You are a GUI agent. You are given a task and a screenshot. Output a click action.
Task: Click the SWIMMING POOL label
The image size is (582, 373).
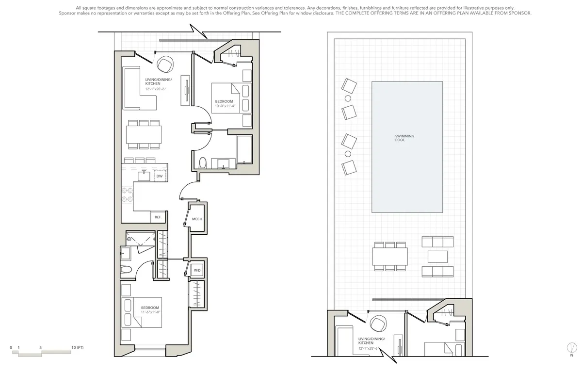coord(404,138)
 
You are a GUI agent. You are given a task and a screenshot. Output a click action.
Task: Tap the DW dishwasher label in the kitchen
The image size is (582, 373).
coord(159,177)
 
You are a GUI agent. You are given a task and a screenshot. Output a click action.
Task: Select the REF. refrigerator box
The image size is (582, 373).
coord(158,217)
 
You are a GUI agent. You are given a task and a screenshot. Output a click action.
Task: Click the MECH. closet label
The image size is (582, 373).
coord(197,219)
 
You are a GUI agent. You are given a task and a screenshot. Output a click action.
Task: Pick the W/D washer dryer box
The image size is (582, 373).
coord(197,270)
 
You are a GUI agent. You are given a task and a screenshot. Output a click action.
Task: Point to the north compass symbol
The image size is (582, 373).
coord(573,347)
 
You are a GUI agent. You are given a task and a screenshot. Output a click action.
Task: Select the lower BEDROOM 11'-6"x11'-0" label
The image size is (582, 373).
coord(150,310)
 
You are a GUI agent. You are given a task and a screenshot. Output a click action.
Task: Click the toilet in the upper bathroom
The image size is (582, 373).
coord(203,162)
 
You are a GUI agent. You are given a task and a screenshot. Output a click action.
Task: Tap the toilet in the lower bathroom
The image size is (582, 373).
coord(126,270)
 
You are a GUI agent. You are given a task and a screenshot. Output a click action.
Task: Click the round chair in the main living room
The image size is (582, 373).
coord(165,64)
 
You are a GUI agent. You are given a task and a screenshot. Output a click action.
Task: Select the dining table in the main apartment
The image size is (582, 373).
coord(144,133)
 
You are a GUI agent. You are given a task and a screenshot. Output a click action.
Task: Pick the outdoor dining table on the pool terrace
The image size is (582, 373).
coord(390,255)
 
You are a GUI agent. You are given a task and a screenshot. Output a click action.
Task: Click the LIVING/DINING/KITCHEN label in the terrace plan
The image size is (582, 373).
coord(372,343)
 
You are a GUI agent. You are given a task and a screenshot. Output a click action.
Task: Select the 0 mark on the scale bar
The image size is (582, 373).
coord(11,348)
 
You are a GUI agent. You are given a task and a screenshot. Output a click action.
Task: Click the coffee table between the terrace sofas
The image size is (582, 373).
coord(437,256)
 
